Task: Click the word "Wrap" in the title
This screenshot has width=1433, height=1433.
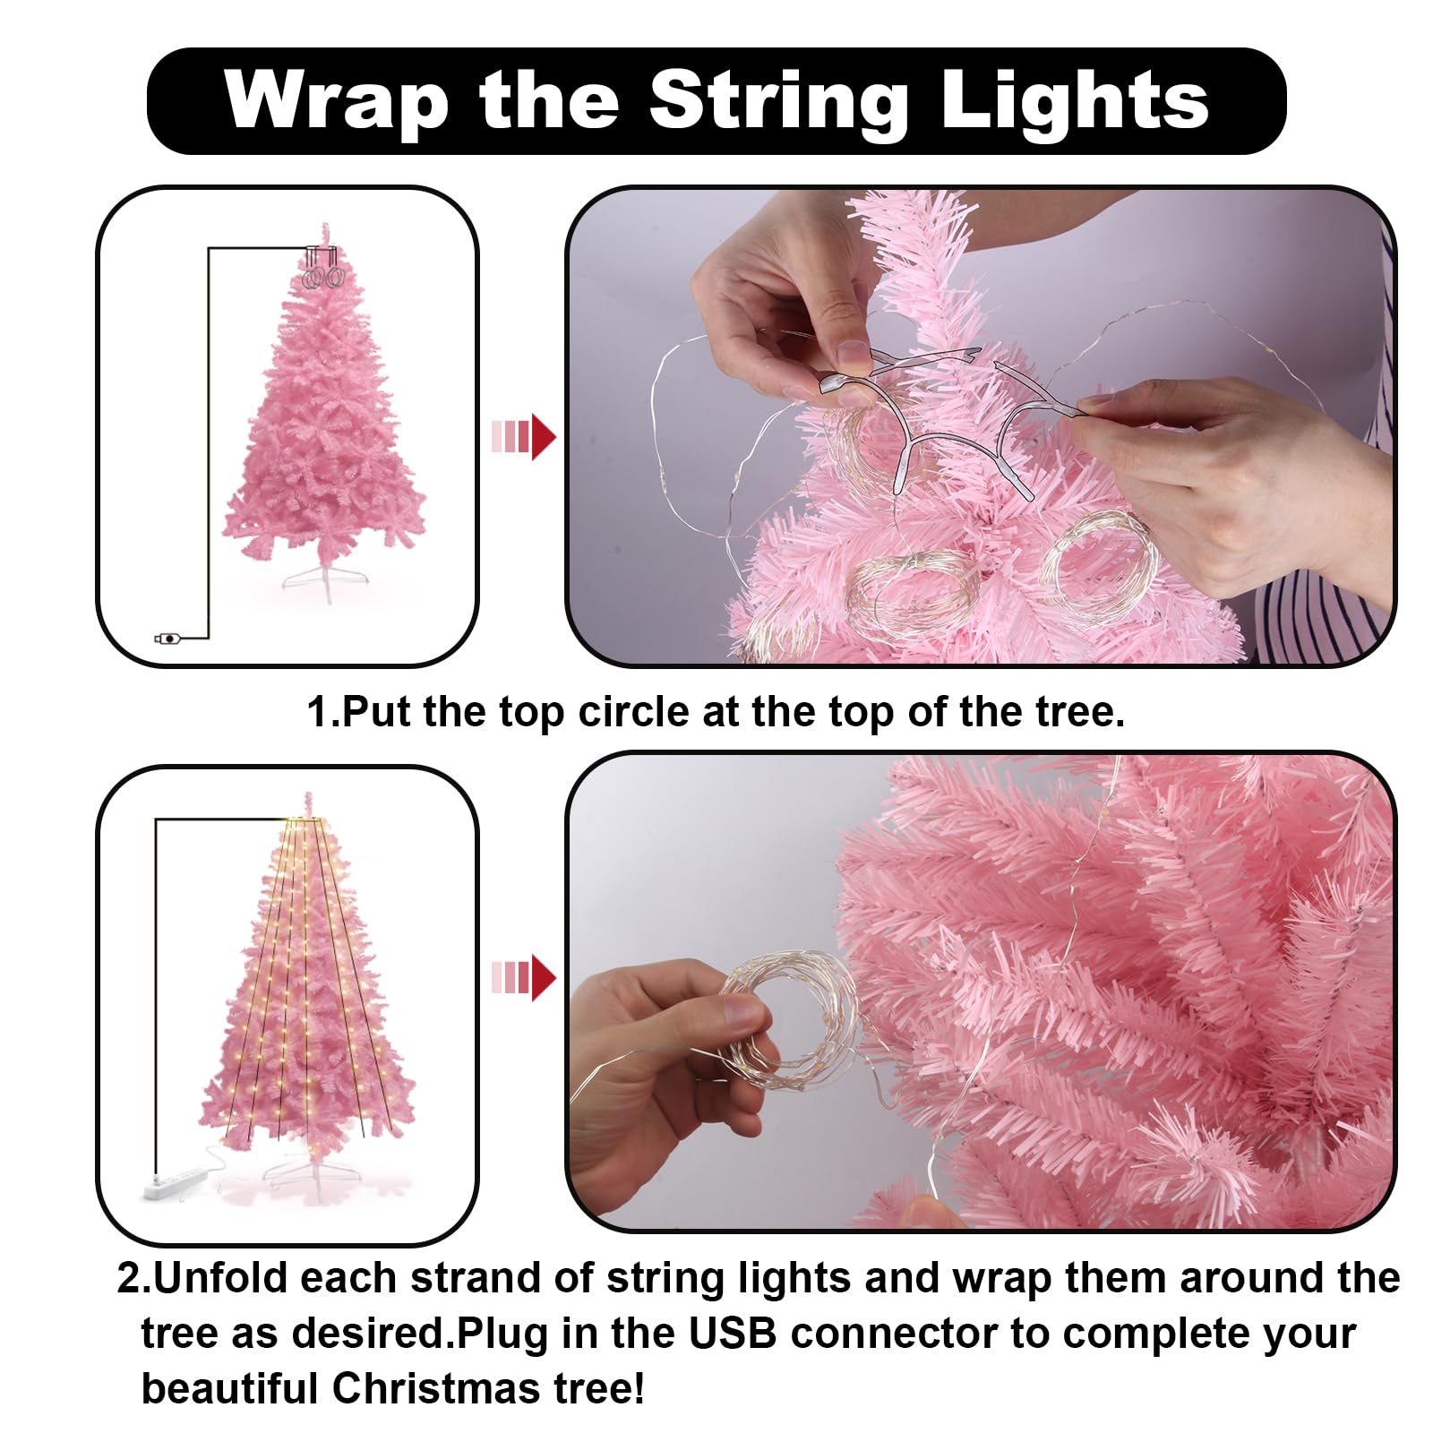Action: tap(336, 100)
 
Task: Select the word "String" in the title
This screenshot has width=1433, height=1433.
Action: tap(778, 102)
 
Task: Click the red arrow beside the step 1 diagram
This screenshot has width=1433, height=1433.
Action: tap(524, 437)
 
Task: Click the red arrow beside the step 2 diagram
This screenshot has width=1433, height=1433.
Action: tap(524, 977)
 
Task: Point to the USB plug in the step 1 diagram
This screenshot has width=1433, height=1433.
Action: tap(168, 639)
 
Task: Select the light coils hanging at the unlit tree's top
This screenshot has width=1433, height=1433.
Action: tap(323, 269)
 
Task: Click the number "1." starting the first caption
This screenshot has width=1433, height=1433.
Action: tap(323, 712)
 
